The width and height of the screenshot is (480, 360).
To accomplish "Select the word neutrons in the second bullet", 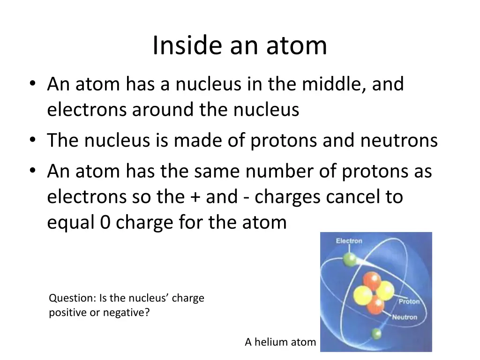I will [x=399, y=141].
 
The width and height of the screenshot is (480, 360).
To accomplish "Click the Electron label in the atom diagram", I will [x=349, y=241].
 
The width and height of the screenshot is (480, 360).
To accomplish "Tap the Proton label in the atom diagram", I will [x=409, y=301].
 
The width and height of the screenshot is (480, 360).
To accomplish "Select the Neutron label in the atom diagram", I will [x=405, y=317].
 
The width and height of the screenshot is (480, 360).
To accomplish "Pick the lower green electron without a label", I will [x=375, y=333].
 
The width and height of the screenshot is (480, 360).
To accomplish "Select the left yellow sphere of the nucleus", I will [x=361, y=295].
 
